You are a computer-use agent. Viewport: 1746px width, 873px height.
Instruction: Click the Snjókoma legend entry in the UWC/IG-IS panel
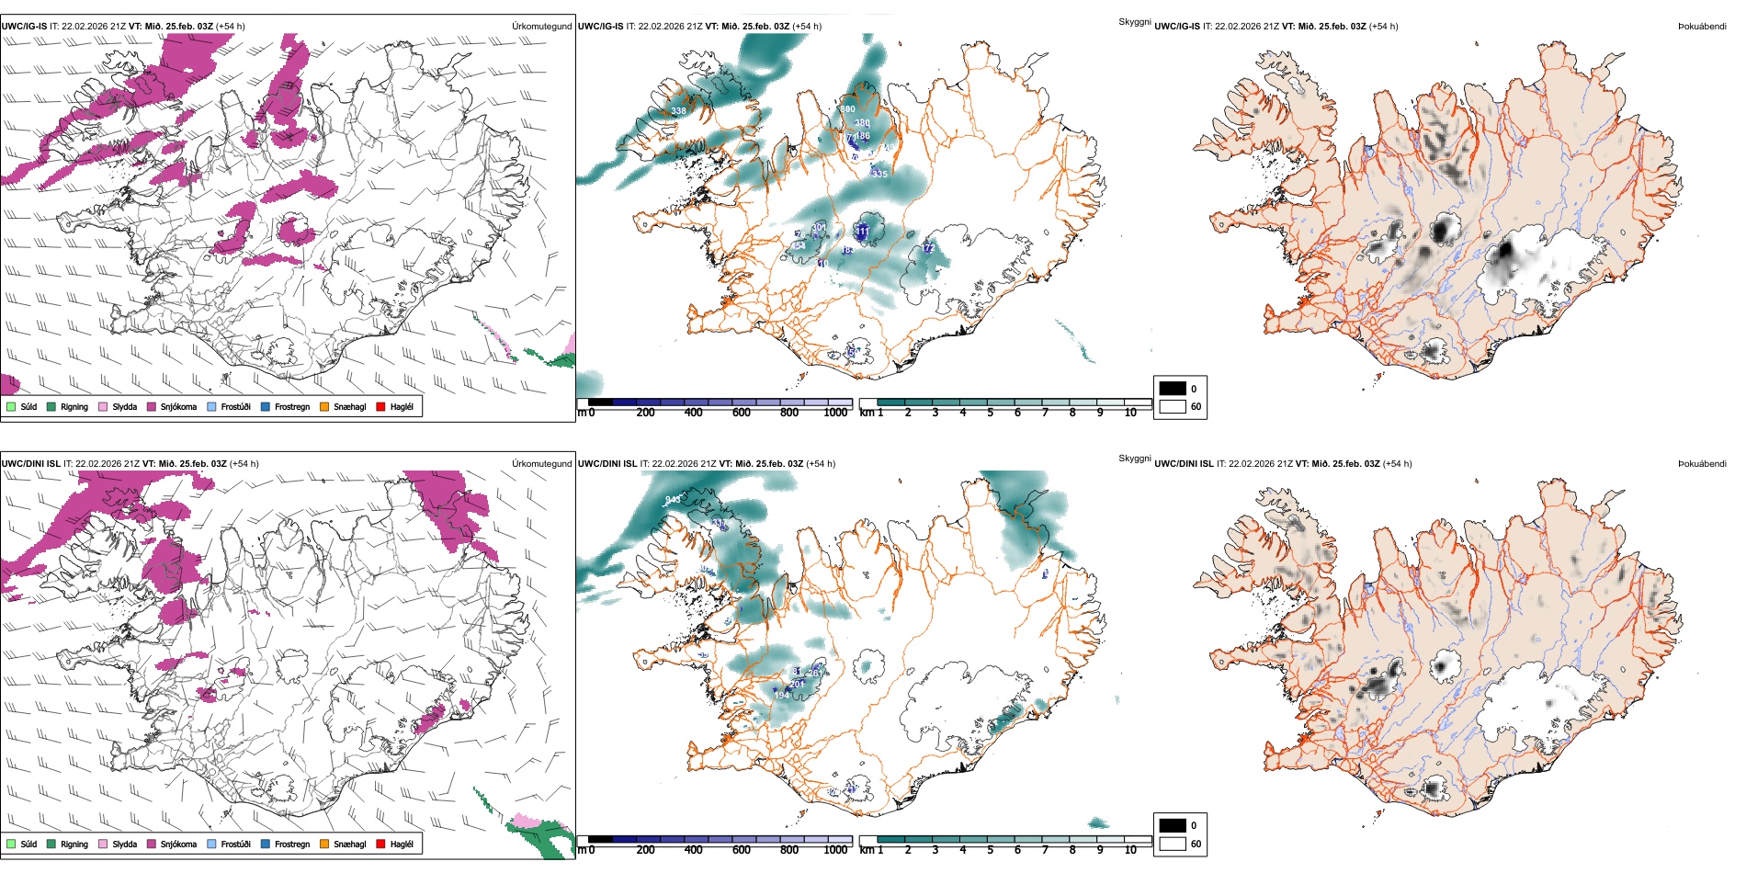[178, 406]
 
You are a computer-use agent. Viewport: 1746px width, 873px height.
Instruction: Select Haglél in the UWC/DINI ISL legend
[402, 844]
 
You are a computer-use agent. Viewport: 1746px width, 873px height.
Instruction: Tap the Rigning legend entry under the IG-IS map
[74, 406]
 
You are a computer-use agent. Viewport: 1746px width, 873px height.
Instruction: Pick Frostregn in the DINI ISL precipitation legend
[292, 844]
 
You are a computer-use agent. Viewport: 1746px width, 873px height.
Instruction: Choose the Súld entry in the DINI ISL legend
[28, 844]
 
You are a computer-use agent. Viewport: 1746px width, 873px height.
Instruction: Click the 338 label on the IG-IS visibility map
[678, 111]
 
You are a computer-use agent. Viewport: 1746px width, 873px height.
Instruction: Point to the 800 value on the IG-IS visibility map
[847, 109]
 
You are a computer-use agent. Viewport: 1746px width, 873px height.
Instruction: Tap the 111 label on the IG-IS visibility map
[862, 232]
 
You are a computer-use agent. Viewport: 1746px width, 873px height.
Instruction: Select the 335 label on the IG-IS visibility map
[879, 174]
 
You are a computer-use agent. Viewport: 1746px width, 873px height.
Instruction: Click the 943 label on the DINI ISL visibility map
[674, 500]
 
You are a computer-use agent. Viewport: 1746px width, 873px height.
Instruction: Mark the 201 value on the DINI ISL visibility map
[797, 684]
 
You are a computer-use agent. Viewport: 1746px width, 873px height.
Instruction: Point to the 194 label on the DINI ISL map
[782, 695]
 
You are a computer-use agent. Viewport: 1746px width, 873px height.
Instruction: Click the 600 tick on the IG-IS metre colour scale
[742, 413]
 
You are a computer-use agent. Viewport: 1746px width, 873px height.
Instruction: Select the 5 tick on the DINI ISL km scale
[990, 850]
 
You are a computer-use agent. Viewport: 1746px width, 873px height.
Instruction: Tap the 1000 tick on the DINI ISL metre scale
[835, 850]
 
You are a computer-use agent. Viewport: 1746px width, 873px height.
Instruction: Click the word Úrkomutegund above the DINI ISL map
[542, 463]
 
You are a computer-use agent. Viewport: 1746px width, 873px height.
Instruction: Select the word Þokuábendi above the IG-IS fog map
[1702, 26]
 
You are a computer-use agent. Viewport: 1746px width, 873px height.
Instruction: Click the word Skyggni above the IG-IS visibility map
[1134, 21]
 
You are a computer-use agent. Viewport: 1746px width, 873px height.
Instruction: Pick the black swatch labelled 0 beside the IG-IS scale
[1173, 389]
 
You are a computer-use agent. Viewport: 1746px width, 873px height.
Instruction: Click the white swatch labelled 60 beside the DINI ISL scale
[1173, 844]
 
